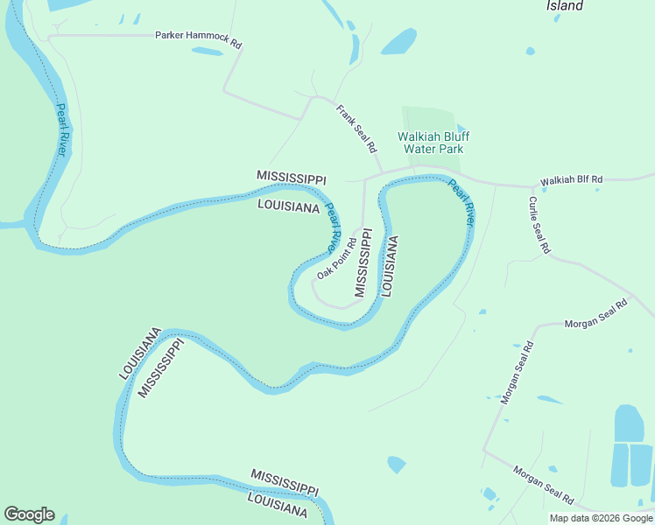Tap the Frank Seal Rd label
point(356,128)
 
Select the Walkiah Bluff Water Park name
point(430,143)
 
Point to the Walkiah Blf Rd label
point(571,179)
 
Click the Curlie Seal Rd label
point(539,225)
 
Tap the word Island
point(565,6)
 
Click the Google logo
point(29,514)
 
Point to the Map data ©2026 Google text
point(602,518)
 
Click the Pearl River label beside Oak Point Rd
point(334,227)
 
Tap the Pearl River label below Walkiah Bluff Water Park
point(461,202)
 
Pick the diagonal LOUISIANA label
point(141,353)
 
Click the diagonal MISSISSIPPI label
point(161,367)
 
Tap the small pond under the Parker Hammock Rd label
point(208,52)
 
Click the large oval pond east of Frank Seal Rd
point(398,41)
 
